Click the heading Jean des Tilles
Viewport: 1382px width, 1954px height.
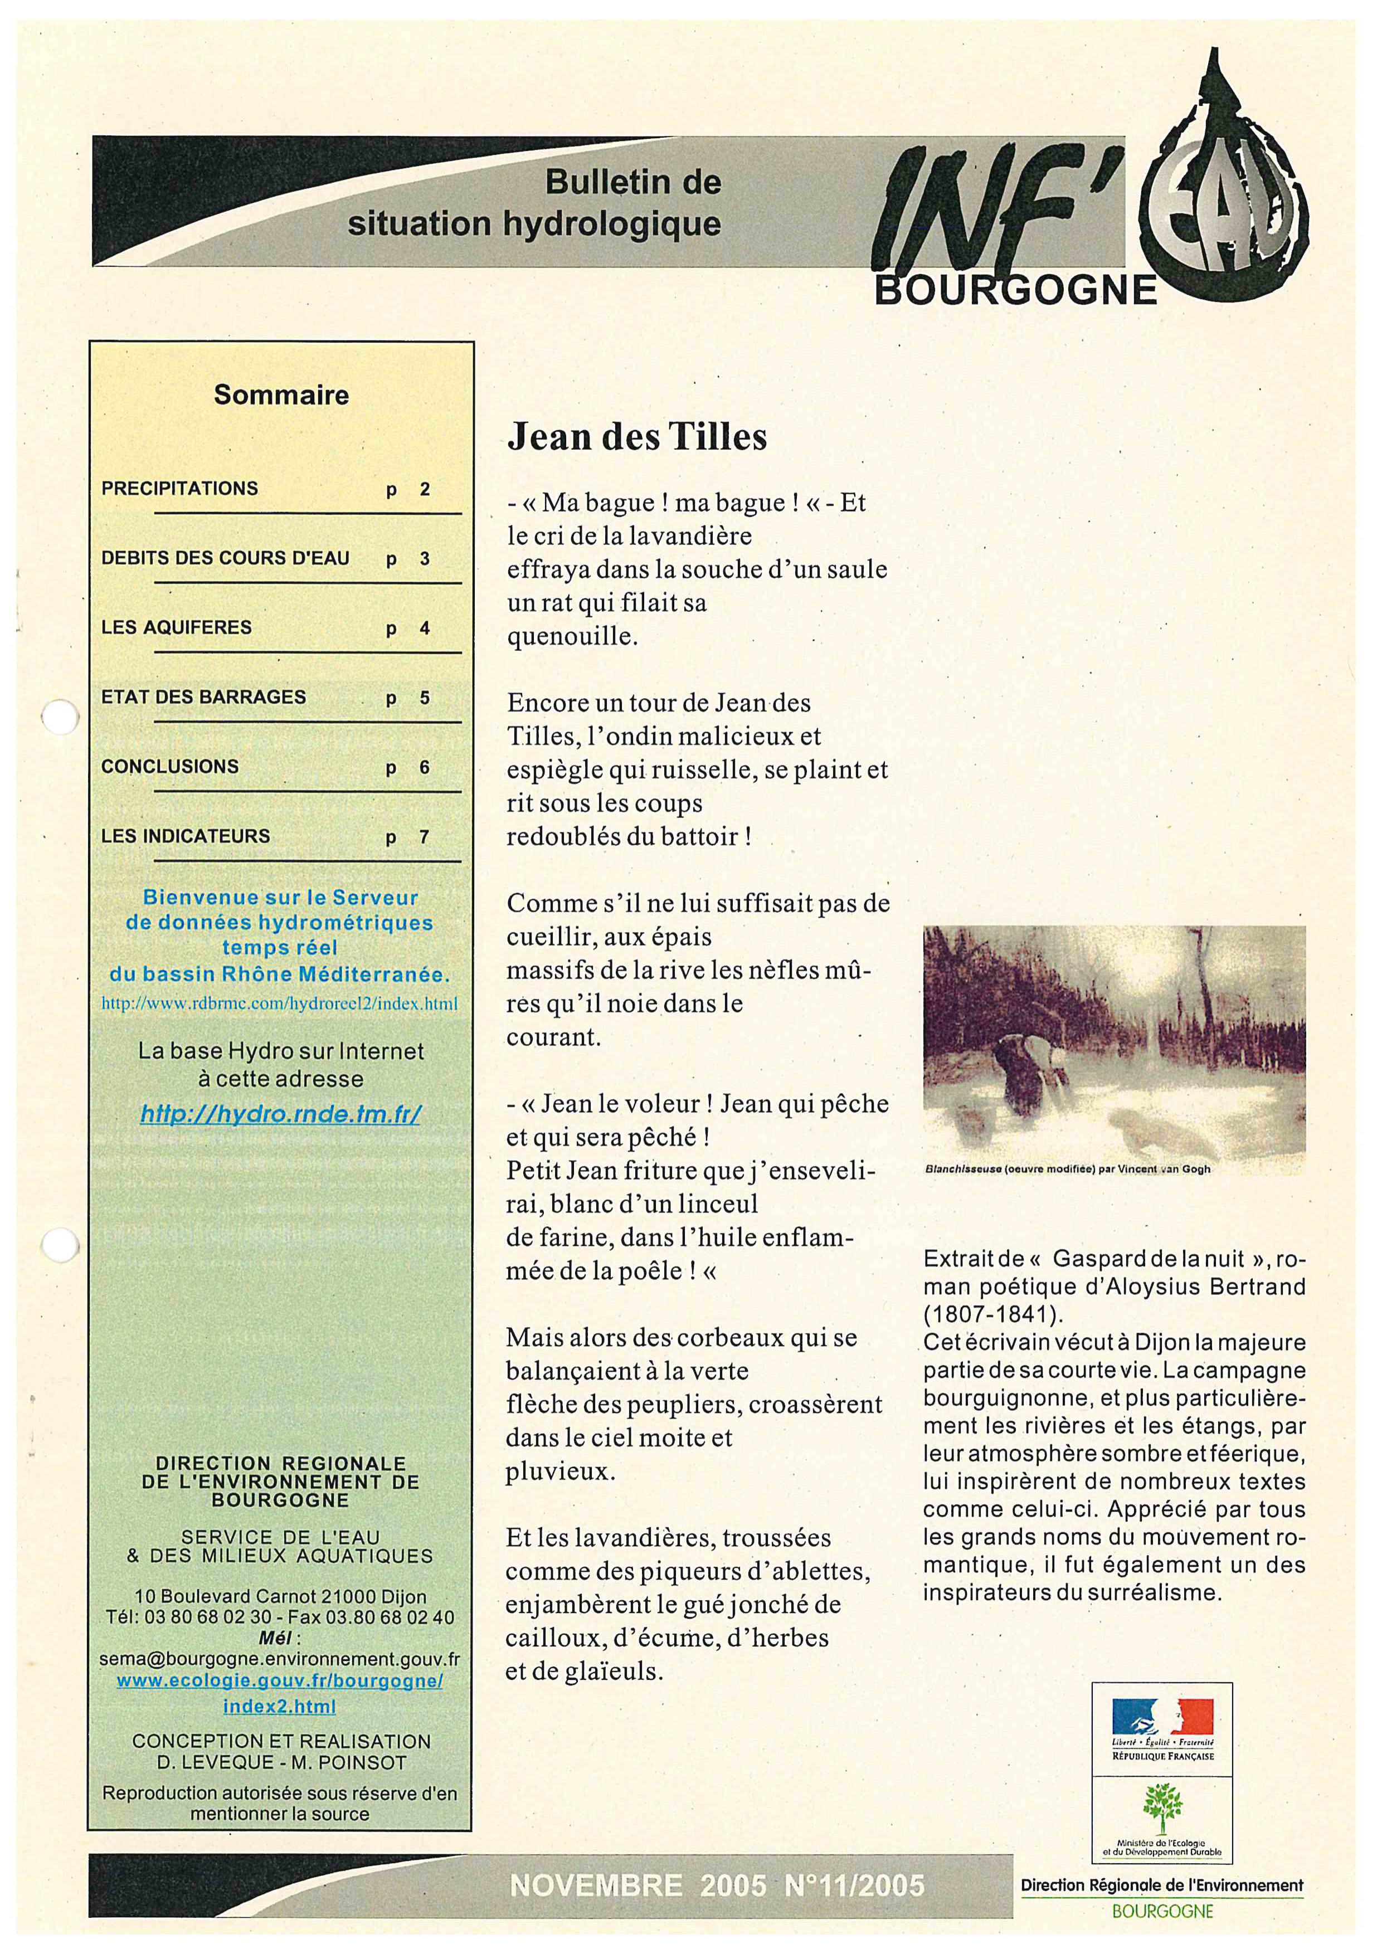click(x=636, y=437)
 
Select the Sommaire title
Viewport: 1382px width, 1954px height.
click(x=281, y=395)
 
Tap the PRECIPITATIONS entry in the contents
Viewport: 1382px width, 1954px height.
click(x=179, y=489)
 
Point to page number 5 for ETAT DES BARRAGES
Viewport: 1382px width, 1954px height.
click(x=424, y=698)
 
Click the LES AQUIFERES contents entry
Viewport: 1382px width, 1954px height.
click(x=176, y=627)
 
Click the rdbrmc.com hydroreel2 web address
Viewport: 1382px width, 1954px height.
click(x=279, y=1003)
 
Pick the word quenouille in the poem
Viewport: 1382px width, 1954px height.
click(x=572, y=637)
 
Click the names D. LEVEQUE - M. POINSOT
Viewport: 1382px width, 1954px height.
click(x=281, y=1762)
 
